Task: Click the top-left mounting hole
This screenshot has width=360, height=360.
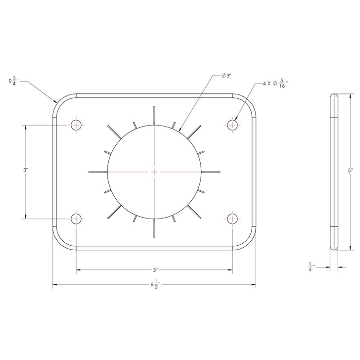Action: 76,125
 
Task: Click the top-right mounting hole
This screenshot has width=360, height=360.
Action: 233,125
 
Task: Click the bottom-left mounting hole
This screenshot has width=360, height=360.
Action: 76,219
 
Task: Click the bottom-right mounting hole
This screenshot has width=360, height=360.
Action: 233,219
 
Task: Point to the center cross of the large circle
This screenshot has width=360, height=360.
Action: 154,172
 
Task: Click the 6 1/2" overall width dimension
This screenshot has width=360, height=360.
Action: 154,285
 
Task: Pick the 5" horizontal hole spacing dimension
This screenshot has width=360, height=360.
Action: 154,270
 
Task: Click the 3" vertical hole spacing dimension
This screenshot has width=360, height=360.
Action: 25,171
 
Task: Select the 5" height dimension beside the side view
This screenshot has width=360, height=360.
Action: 350,171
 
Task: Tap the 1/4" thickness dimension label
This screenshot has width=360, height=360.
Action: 310,267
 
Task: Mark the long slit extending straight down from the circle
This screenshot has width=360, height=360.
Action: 154,228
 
